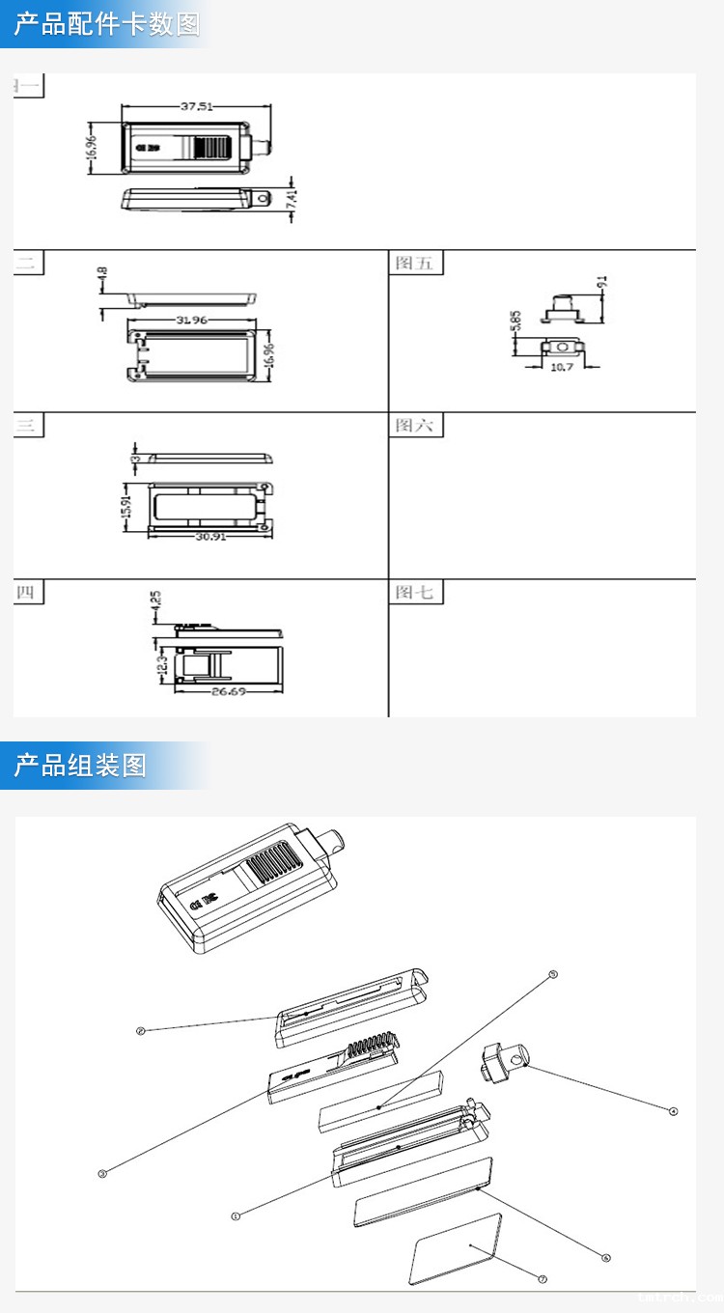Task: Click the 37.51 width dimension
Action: point(196,107)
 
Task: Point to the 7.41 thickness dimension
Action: point(292,200)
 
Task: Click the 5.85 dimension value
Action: point(517,321)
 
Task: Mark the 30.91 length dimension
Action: point(210,537)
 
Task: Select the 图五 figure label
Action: point(415,263)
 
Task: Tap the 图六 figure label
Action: point(415,425)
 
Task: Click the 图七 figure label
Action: point(415,592)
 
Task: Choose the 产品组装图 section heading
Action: point(80,766)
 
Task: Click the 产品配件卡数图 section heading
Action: point(106,24)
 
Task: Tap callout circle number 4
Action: point(674,1111)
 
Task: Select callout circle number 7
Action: point(543,1279)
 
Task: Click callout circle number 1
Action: point(235,1216)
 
